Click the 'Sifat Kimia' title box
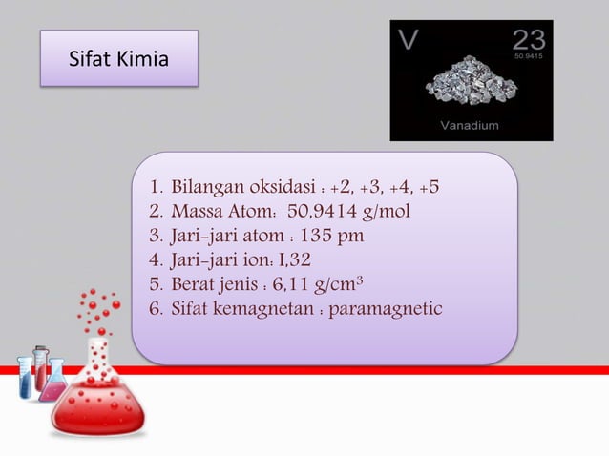pyautogui.click(x=119, y=59)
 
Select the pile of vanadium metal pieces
pyautogui.click(x=469, y=85)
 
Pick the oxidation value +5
pyautogui.click(x=428, y=185)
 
